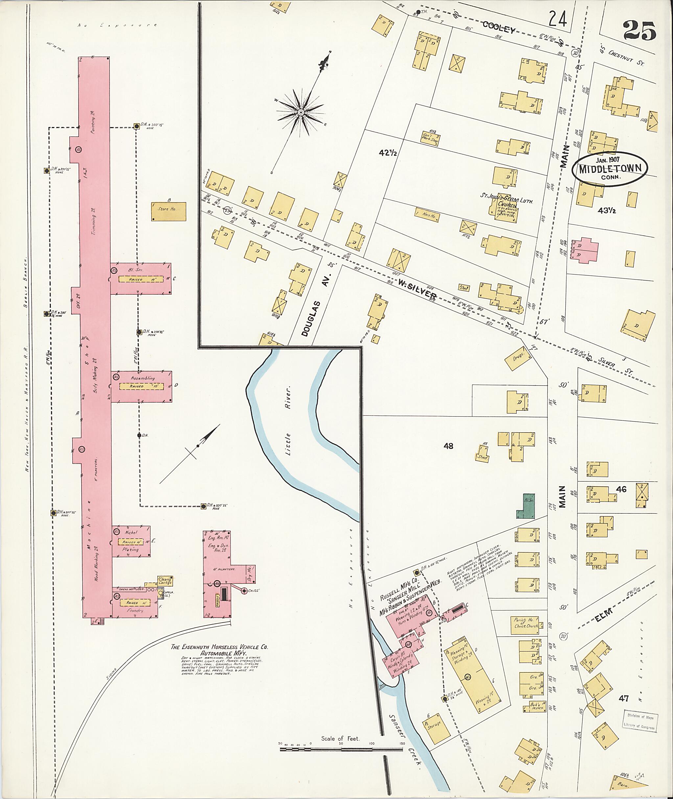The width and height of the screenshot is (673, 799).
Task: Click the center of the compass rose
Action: point(301,112)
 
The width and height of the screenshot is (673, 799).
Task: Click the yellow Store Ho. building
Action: point(168,211)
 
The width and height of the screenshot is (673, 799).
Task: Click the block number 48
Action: point(448,445)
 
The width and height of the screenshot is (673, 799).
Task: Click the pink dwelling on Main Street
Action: point(584,250)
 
